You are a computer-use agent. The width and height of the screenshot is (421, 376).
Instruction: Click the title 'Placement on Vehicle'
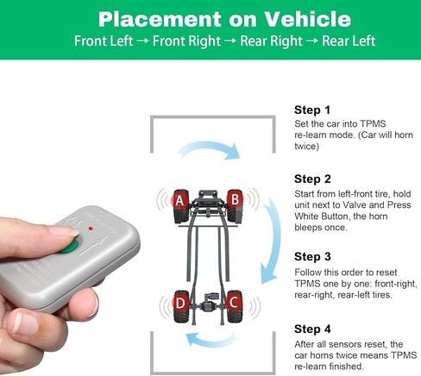pos(210,19)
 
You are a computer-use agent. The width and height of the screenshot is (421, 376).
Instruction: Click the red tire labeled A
pos(179,201)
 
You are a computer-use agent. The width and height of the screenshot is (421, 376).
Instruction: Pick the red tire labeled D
pos(180,303)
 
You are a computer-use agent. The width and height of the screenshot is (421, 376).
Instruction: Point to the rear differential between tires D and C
pos(207,304)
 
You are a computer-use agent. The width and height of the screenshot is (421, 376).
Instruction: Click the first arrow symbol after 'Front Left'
pos(144,41)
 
